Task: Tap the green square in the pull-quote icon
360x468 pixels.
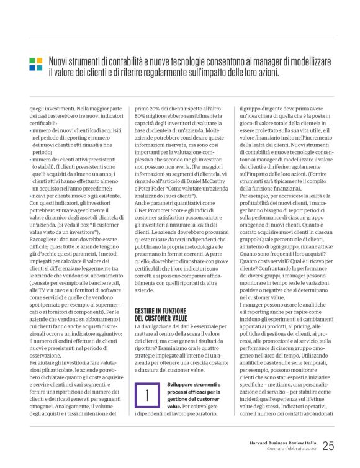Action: click(32, 61)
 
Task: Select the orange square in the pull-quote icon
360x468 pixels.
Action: click(39, 61)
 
